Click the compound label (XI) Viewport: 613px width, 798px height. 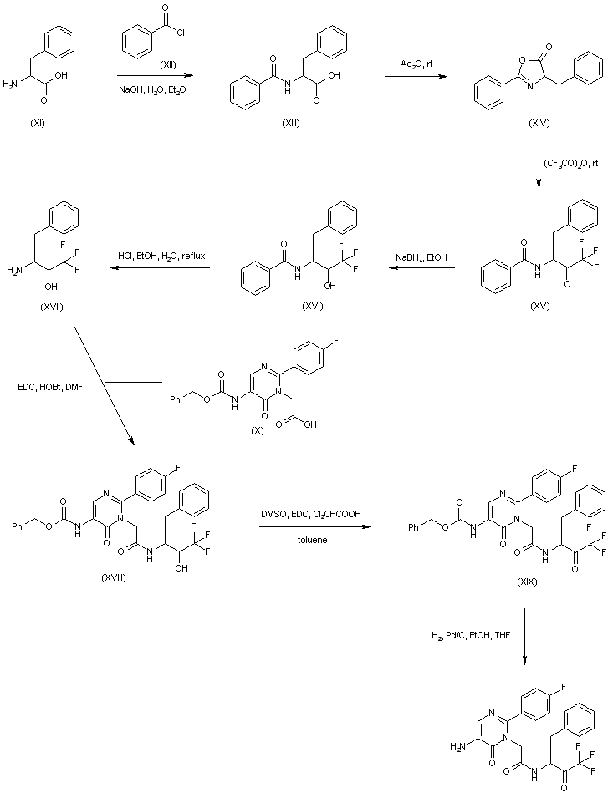[38, 123]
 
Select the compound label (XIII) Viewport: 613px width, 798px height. [291, 123]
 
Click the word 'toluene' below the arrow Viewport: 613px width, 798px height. [314, 540]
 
